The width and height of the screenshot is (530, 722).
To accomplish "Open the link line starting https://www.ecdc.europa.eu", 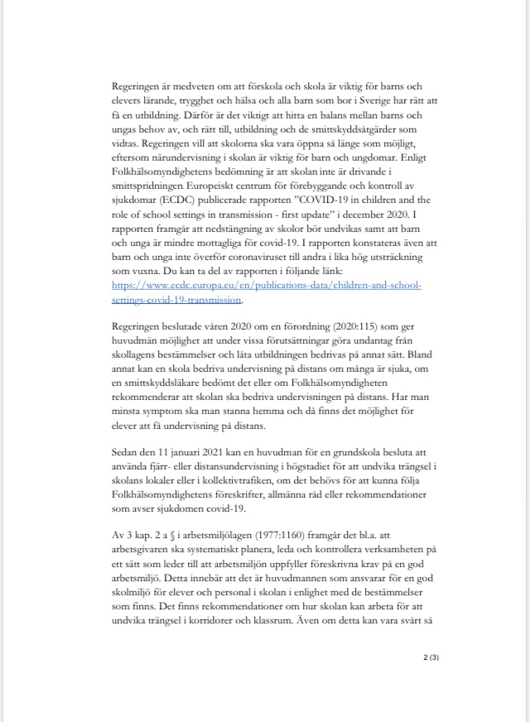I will tap(267, 286).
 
